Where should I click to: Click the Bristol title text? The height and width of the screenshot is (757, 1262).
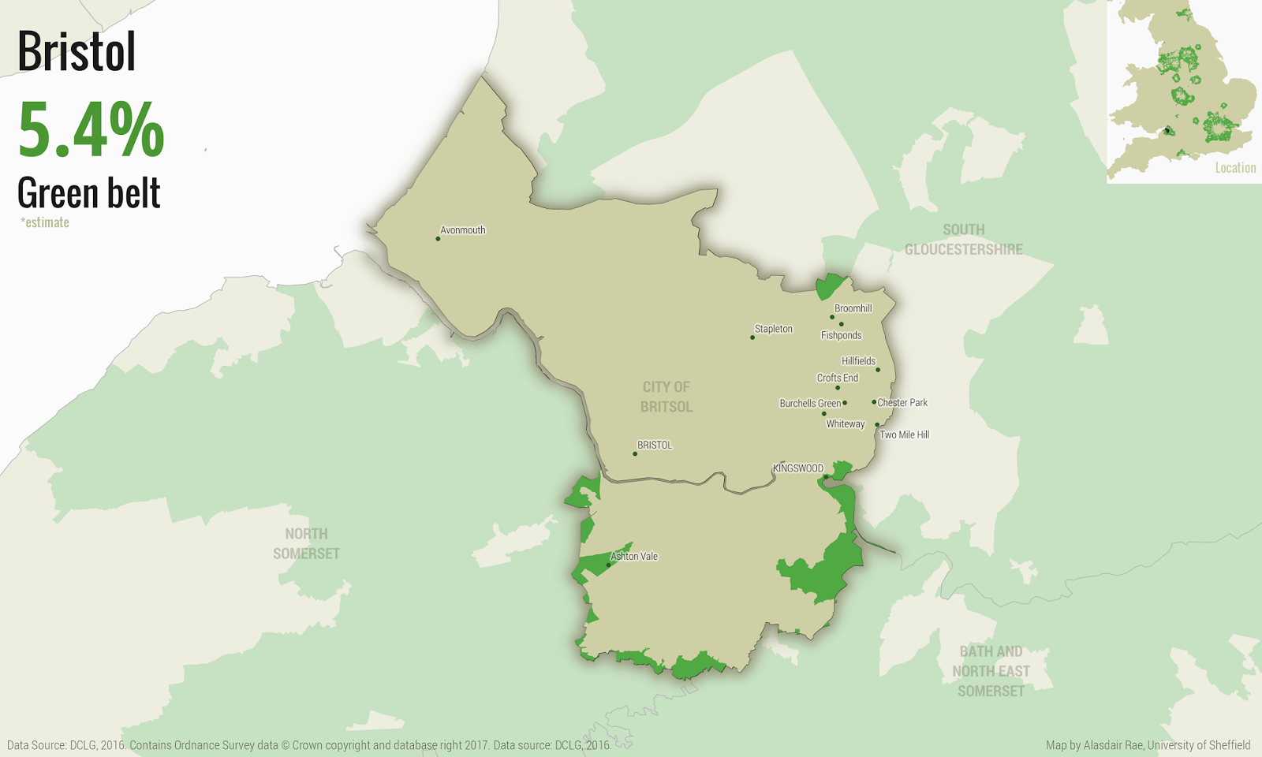coord(77,52)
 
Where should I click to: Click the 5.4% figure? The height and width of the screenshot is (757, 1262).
coord(91,130)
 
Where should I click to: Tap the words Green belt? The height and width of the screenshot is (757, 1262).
coord(89,193)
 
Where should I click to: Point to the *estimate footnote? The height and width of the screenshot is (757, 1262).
coord(45,222)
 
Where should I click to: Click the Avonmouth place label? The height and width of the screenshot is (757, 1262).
coord(463,230)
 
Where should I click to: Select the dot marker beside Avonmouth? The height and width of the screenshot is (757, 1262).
coord(438,238)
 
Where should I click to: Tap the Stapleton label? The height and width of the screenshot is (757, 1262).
coord(774,329)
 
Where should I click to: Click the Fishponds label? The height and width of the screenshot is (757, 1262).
coord(841,335)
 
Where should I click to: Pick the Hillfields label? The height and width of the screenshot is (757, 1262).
coord(858,361)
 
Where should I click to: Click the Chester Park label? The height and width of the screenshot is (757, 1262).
coord(902,402)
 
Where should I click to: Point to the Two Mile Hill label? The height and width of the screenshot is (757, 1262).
coord(905,434)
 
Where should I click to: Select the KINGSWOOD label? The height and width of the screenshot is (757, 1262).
coord(797,468)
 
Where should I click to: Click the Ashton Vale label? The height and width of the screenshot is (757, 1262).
coord(634,556)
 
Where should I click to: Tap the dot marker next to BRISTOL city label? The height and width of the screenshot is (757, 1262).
coord(635,453)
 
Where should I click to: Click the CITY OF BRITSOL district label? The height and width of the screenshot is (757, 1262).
coord(666,397)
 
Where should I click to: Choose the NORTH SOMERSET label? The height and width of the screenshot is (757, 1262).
coord(306,543)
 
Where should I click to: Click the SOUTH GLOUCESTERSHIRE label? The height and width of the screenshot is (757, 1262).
coord(963,240)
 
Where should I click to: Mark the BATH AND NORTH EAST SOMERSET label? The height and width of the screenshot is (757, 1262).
coord(991,671)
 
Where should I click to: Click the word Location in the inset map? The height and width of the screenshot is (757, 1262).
coord(1235,167)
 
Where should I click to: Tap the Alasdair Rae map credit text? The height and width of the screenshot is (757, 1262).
coord(1148,745)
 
